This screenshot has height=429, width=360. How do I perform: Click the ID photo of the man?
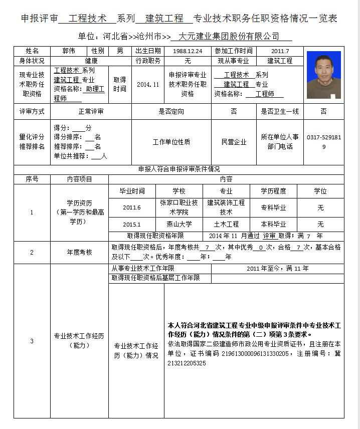click(x=323, y=75)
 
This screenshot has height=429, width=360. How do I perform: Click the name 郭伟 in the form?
click(x=69, y=51)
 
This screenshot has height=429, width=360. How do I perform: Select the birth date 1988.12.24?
click(x=187, y=51)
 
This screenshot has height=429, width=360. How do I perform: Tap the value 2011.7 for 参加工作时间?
click(x=280, y=51)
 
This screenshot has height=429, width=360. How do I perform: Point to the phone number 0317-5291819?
click(x=323, y=141)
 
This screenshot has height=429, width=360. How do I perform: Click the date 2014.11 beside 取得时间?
click(x=148, y=84)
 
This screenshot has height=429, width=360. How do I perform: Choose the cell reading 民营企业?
click(x=234, y=142)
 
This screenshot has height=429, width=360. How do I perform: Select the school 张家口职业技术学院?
click(x=179, y=207)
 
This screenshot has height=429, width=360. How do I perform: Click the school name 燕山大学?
click(x=179, y=225)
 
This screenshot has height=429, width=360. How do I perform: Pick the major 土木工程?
click(x=226, y=225)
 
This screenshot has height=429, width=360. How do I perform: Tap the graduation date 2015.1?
click(x=132, y=225)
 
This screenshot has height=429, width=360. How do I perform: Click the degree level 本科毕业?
click(x=273, y=225)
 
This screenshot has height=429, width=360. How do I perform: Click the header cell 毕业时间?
click(x=132, y=191)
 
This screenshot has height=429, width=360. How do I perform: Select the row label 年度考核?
click(x=80, y=252)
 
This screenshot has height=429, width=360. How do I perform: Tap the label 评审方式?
click(x=32, y=111)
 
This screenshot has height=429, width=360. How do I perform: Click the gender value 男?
click(x=120, y=51)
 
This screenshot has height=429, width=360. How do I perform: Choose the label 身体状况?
click(x=32, y=61)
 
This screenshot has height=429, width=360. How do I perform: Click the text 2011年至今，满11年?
click(x=277, y=269)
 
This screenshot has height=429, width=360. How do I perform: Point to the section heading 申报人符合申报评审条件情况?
click(x=179, y=169)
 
